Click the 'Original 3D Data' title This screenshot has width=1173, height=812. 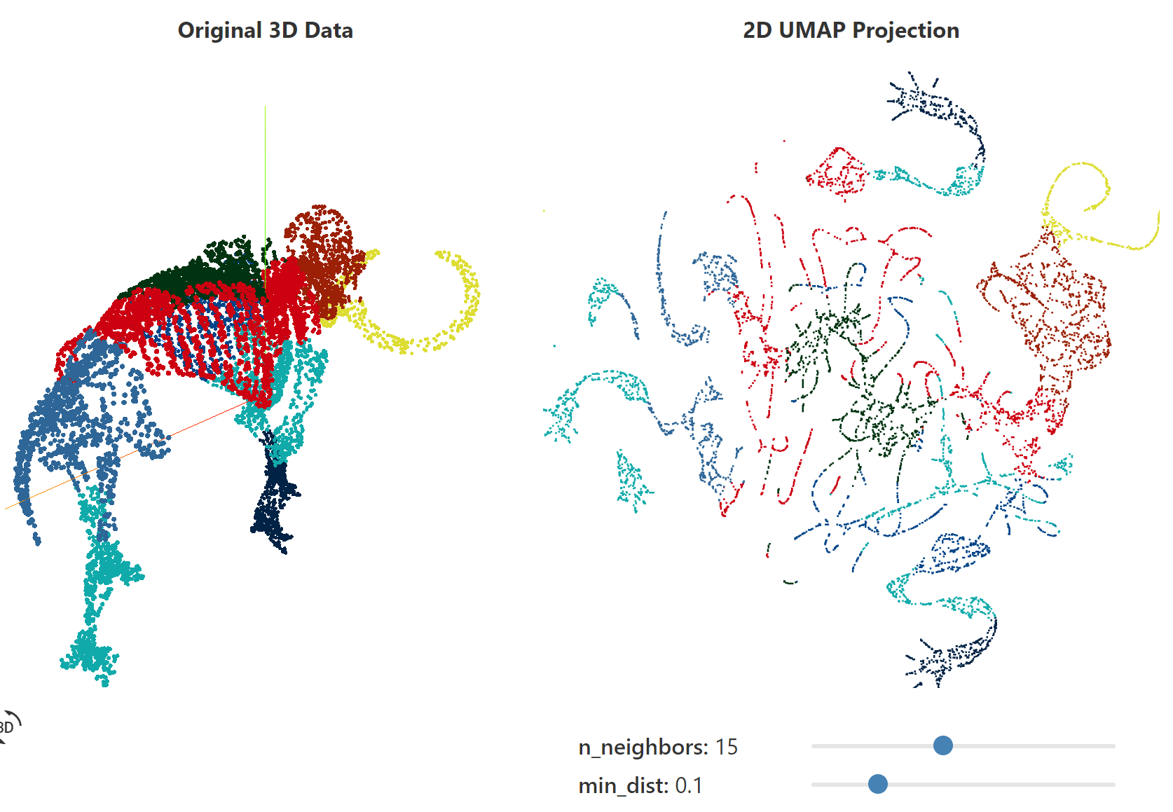(265, 31)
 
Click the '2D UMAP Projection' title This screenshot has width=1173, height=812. (851, 31)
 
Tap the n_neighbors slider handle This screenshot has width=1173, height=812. (943, 745)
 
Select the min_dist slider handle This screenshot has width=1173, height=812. (878, 784)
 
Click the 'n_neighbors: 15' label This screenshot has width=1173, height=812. (657, 748)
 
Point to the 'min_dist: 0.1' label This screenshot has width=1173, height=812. (640, 786)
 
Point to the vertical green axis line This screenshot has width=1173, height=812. (265, 175)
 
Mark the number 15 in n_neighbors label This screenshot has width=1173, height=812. (726, 748)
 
